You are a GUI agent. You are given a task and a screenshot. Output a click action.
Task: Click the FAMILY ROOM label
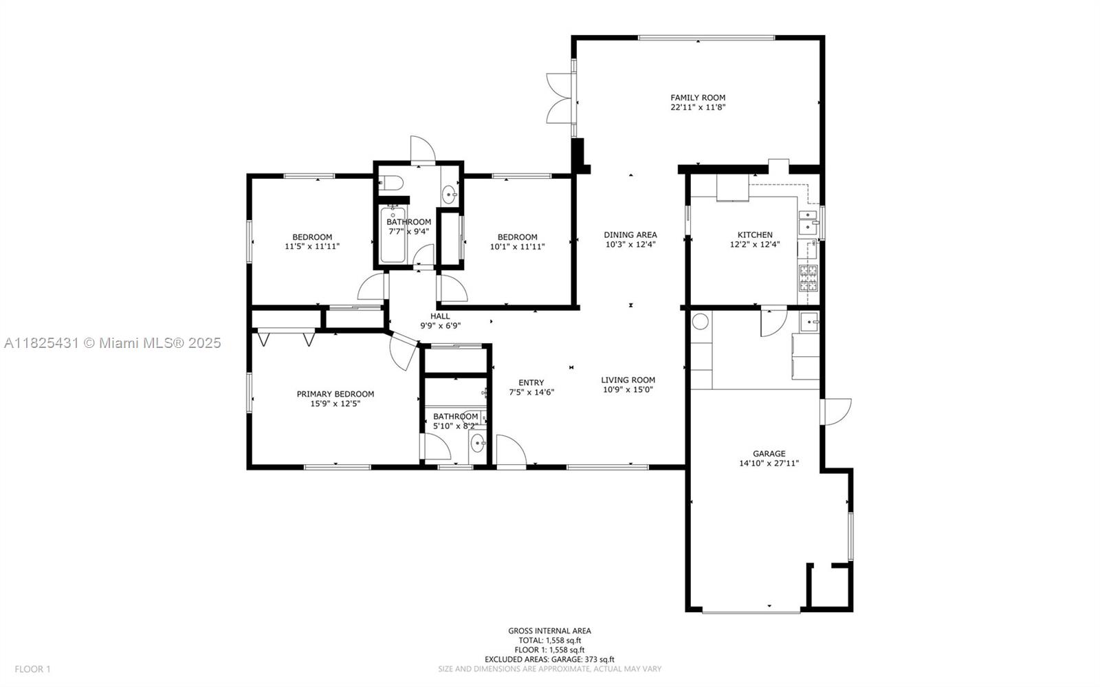(698, 98)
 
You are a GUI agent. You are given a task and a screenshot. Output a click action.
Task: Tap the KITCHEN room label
(755, 235)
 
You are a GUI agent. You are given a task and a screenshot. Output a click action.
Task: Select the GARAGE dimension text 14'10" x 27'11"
(769, 463)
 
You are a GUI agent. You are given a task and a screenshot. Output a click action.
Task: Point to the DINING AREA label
(630, 235)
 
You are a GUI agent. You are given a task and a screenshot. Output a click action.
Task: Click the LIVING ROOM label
(628, 380)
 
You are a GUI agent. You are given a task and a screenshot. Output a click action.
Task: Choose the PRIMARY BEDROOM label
(335, 394)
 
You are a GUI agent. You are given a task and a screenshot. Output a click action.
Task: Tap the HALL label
(440, 316)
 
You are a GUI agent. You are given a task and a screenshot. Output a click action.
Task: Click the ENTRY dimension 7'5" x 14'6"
(532, 392)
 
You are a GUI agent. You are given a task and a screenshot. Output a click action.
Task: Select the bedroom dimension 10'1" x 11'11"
(518, 246)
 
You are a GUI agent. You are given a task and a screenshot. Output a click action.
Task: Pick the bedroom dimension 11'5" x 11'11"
(312, 246)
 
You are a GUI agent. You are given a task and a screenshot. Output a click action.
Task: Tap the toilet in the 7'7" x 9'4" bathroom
(391, 183)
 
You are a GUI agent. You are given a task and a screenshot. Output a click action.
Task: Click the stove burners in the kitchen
(808, 278)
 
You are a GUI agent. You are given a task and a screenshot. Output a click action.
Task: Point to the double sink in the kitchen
(808, 223)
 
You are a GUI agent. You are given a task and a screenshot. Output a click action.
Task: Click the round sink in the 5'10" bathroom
(477, 444)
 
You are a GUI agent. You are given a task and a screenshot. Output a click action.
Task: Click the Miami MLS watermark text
(113, 342)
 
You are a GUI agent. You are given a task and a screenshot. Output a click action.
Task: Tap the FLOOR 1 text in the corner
(32, 669)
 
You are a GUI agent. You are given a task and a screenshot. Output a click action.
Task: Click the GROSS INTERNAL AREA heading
(549, 631)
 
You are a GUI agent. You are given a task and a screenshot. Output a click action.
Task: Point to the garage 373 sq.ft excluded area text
(549, 659)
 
